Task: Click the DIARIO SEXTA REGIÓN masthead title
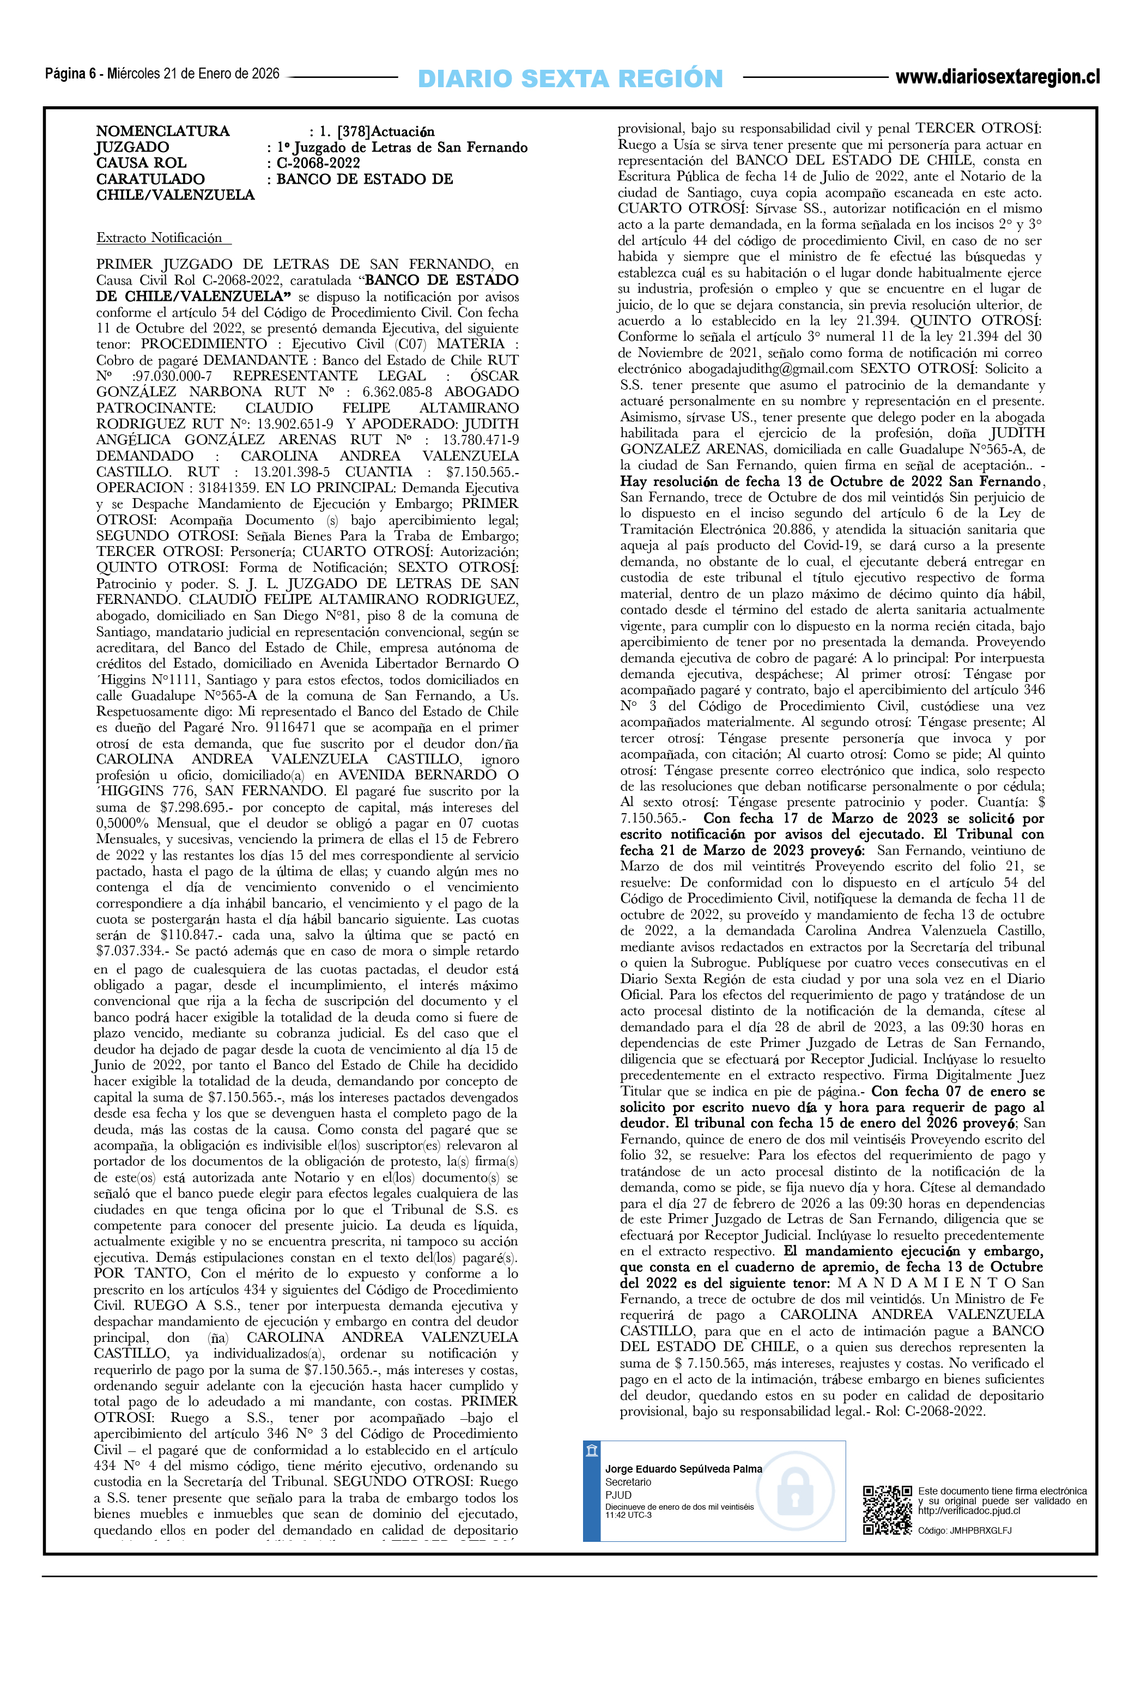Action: (570, 78)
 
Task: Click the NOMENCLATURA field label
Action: (162, 131)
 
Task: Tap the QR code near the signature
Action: (887, 1510)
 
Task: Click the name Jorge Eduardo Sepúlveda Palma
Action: (683, 1469)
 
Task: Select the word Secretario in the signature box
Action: (628, 1482)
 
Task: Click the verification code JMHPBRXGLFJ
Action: (980, 1530)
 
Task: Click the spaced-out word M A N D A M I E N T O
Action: (925, 1282)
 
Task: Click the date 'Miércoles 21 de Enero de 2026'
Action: (193, 74)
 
